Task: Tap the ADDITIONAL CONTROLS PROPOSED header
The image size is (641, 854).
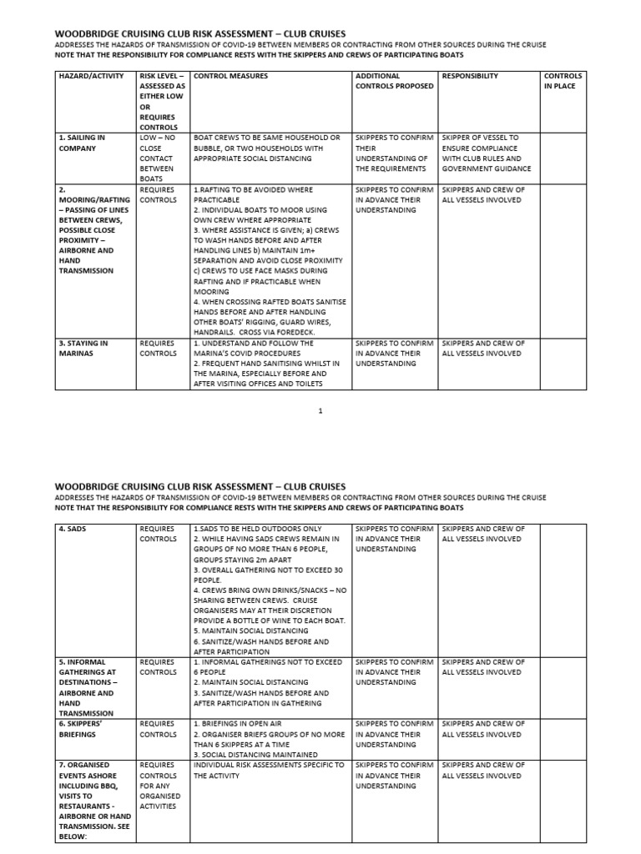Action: point(394,81)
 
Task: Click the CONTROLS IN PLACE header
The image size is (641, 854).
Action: point(563,81)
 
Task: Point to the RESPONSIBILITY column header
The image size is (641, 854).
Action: point(470,76)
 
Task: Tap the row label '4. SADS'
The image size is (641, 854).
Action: point(71,529)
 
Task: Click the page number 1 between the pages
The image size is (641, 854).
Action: point(320,410)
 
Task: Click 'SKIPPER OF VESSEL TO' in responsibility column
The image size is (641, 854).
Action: point(480,138)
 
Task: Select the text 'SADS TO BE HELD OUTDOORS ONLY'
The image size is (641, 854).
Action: point(259,529)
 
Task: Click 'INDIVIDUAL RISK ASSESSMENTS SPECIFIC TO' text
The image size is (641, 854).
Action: point(268,765)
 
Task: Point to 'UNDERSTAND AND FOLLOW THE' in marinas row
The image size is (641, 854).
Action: point(254,343)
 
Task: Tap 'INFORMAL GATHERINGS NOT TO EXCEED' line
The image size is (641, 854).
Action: point(267,662)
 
